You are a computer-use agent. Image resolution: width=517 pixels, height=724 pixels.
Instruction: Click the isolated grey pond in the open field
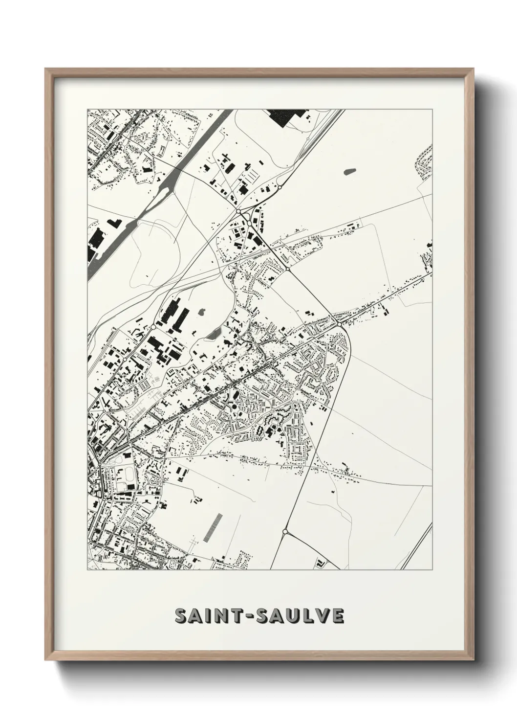point(350,172)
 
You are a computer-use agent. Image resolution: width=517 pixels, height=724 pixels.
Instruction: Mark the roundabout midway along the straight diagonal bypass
point(288,269)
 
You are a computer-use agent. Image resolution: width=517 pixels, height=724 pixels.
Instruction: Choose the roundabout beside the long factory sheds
point(153,326)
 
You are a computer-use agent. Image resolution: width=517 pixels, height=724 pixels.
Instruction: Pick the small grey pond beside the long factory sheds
point(202,311)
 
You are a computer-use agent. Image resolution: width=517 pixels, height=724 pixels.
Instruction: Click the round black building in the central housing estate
point(234,406)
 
